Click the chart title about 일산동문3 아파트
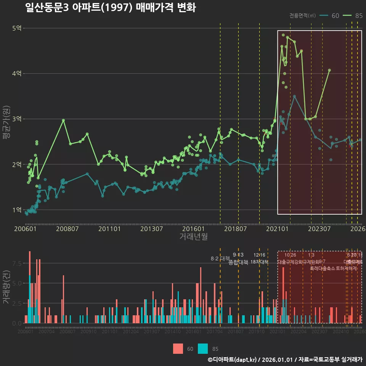pyautogui.click(x=110, y=8)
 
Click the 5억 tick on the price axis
pyautogui.click(x=17, y=28)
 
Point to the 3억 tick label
pyautogui.click(x=17, y=119)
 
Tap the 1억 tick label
pyautogui.click(x=17, y=210)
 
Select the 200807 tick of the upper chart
pyautogui.click(x=67, y=229)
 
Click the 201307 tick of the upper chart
pyautogui.click(x=151, y=229)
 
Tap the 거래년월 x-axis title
pyautogui.click(x=193, y=237)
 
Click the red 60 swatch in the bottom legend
pyautogui.click(x=178, y=348)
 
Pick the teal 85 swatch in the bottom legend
pyautogui.click(x=203, y=348)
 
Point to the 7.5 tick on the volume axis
pyautogui.click(x=17, y=263)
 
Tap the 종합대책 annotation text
pyautogui.click(x=238, y=262)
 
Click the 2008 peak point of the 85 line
pyautogui.click(x=63, y=120)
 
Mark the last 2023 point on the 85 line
pyautogui.click(x=329, y=70)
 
